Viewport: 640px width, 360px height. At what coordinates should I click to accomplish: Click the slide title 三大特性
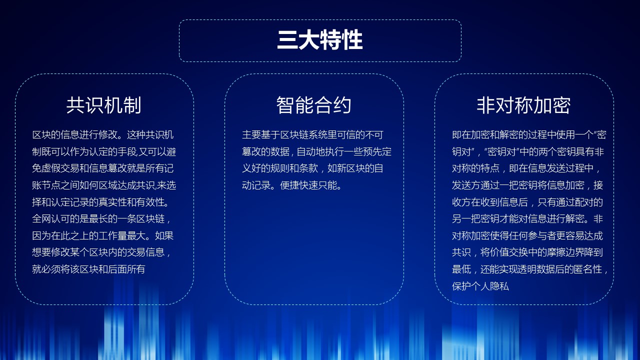pyautogui.click(x=320, y=40)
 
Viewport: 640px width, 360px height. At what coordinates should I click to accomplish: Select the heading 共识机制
pyautogui.click(x=104, y=105)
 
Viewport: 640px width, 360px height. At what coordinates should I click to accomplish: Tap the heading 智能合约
pyautogui.click(x=313, y=105)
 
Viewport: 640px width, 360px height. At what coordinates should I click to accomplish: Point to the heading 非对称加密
pyautogui.click(x=523, y=105)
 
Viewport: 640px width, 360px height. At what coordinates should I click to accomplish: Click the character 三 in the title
pyautogui.click(x=287, y=40)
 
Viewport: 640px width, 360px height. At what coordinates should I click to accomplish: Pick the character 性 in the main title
pyautogui.click(x=352, y=40)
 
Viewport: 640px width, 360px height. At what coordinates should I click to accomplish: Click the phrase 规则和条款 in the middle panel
pyautogui.click(x=294, y=168)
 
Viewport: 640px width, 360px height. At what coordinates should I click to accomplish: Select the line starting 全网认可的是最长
pyautogui.click(x=101, y=219)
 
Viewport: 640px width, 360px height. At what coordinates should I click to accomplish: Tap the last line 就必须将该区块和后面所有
pyautogui.click(x=88, y=269)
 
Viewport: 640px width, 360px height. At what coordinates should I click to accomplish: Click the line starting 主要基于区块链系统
pyautogui.click(x=312, y=135)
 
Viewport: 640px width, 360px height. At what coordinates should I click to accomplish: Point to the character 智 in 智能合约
pyautogui.click(x=285, y=105)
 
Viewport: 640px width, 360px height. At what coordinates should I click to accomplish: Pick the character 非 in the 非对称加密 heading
pyautogui.click(x=486, y=105)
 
